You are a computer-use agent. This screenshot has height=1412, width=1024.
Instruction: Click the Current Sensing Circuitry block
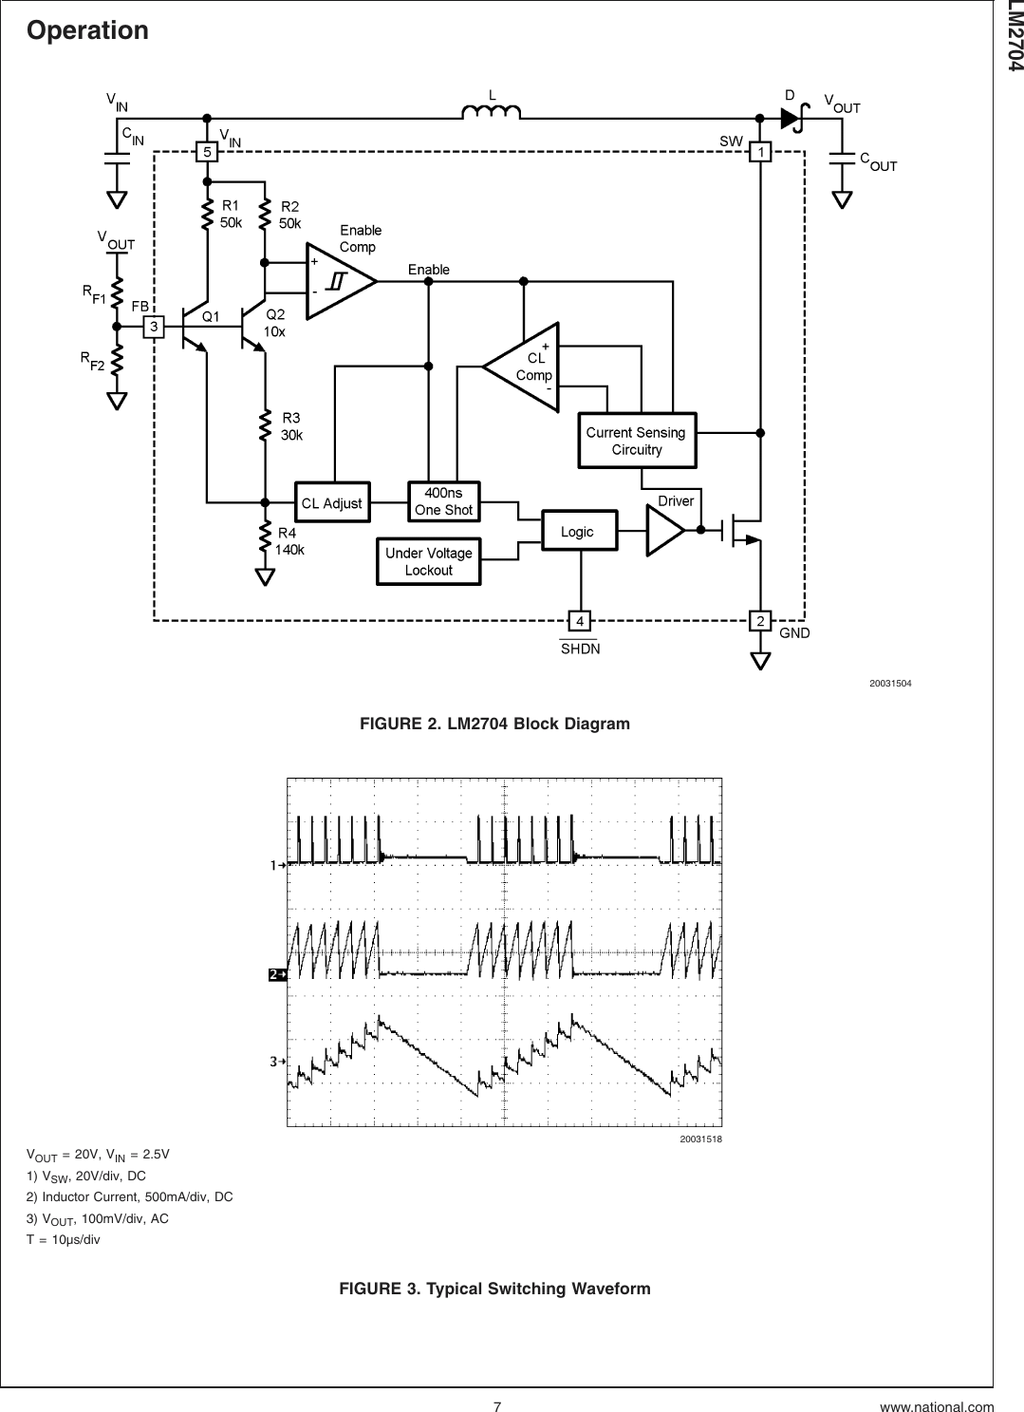(x=637, y=441)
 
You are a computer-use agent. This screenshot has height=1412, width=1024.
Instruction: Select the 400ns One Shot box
(x=443, y=501)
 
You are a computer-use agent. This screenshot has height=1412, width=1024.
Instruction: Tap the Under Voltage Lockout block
(x=428, y=561)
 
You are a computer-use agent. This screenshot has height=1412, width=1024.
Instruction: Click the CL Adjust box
(x=331, y=502)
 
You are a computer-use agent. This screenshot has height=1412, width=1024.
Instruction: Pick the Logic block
(x=578, y=532)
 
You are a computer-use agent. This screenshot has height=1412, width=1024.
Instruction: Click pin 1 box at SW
(x=760, y=151)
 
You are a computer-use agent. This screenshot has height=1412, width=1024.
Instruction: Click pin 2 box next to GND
(x=760, y=621)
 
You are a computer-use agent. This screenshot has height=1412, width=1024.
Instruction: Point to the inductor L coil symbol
(x=491, y=114)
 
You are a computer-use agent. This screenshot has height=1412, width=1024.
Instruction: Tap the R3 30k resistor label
(x=293, y=426)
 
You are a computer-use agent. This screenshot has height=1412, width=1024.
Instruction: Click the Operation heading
(x=88, y=30)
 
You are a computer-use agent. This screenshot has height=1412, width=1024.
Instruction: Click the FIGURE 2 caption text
(x=494, y=725)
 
